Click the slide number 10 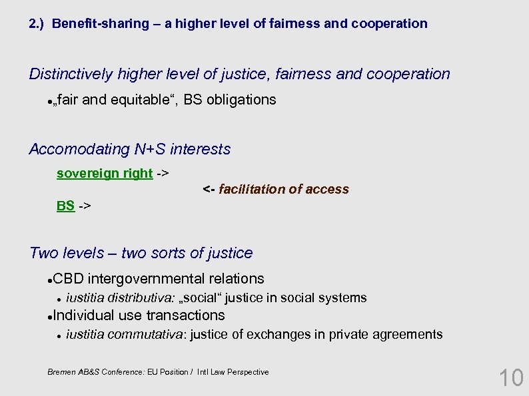tap(511, 378)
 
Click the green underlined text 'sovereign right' tap(105, 174)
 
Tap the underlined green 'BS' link tap(65, 206)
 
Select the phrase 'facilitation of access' tap(284, 190)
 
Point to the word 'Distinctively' tap(71, 75)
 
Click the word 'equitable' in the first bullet tap(142, 100)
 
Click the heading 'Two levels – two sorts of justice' tap(141, 254)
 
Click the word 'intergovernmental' tap(143, 279)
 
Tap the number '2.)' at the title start tap(37, 24)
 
